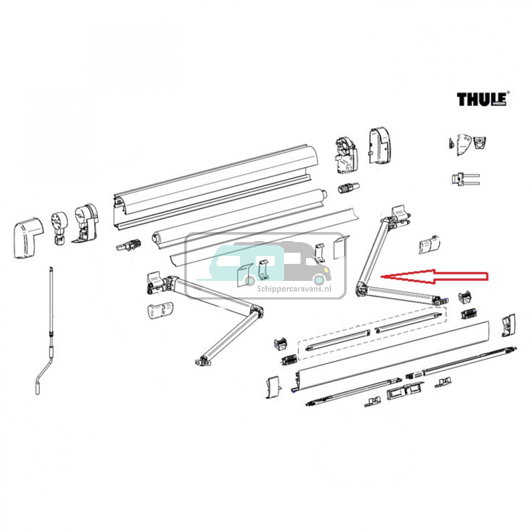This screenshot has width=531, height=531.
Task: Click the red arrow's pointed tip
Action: point(383,276)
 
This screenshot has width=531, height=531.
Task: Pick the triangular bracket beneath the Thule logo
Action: point(459,143)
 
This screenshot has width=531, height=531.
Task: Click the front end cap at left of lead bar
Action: point(271,386)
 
